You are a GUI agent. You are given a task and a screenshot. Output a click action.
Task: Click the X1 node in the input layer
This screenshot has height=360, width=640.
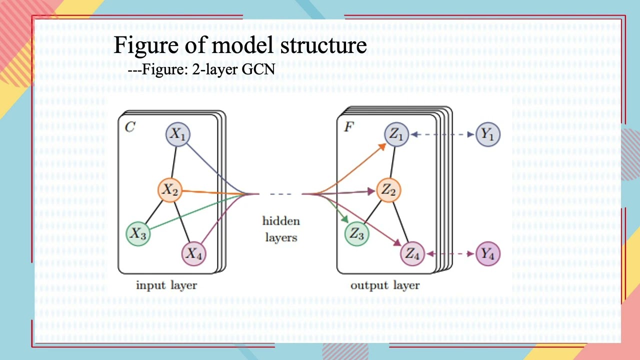(x=178, y=134)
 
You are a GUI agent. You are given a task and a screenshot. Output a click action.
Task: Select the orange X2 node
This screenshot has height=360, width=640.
(x=170, y=190)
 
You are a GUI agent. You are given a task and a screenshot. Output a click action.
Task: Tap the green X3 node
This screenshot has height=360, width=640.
(x=138, y=233)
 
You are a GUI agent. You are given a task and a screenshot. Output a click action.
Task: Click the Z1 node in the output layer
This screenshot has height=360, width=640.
(x=396, y=134)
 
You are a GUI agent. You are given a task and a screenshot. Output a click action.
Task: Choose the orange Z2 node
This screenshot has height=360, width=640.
(x=388, y=190)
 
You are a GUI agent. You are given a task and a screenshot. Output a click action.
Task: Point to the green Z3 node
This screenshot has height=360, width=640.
(x=356, y=233)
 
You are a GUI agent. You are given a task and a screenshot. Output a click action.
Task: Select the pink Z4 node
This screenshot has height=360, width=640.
(x=412, y=253)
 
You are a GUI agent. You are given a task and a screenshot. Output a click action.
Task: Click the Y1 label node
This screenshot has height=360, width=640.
(x=487, y=134)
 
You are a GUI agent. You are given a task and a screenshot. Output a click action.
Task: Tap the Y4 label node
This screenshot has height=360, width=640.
(x=487, y=253)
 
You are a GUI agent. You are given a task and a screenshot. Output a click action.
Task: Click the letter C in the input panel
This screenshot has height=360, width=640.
(x=129, y=127)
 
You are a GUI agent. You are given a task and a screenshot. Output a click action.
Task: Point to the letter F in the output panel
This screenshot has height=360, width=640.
(x=348, y=127)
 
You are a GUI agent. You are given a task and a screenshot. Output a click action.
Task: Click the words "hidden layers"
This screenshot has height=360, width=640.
(x=281, y=229)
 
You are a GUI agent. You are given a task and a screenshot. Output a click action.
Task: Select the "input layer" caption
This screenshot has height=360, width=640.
(x=166, y=285)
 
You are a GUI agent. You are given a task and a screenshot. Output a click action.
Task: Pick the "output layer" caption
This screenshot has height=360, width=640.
(x=385, y=285)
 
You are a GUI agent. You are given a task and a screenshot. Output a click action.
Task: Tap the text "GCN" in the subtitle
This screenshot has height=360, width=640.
(x=258, y=69)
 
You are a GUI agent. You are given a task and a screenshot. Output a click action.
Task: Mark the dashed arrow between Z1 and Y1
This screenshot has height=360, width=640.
(x=442, y=134)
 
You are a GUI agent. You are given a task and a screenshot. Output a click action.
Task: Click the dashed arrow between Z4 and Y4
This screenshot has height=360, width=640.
(x=450, y=254)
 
